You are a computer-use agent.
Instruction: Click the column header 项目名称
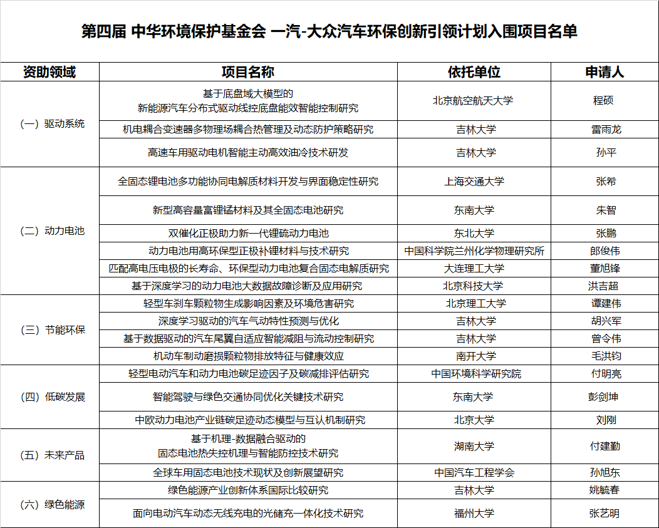tap(248, 72)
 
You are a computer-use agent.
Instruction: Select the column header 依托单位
tap(474, 72)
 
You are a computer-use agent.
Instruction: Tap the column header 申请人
tap(605, 72)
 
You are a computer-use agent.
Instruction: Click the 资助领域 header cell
tap(49, 72)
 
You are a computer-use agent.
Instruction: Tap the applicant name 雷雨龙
tap(606, 130)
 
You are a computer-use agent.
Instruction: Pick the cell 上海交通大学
tap(474, 182)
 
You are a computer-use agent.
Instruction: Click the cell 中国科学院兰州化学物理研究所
tap(474, 251)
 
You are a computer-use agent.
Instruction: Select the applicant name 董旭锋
tap(606, 269)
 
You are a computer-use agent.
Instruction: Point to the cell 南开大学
tap(474, 356)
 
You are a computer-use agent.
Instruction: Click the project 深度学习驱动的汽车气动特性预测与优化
tap(249, 321)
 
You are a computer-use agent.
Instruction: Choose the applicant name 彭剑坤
tap(605, 397)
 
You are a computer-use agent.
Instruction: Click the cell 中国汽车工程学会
tap(474, 473)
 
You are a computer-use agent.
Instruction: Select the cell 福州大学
tap(474, 514)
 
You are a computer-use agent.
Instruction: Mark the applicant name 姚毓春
tap(606, 490)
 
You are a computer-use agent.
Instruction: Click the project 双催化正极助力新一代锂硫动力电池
tap(249, 234)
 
